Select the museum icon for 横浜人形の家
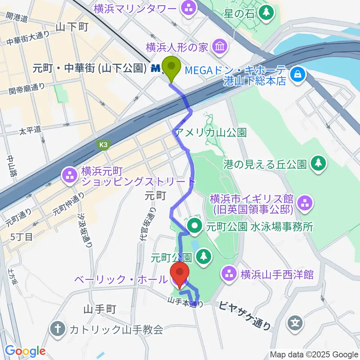coord(217,47)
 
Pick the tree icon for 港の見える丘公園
coord(318,163)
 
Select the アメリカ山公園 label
coord(210,132)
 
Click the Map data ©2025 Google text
coord(314,354)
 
